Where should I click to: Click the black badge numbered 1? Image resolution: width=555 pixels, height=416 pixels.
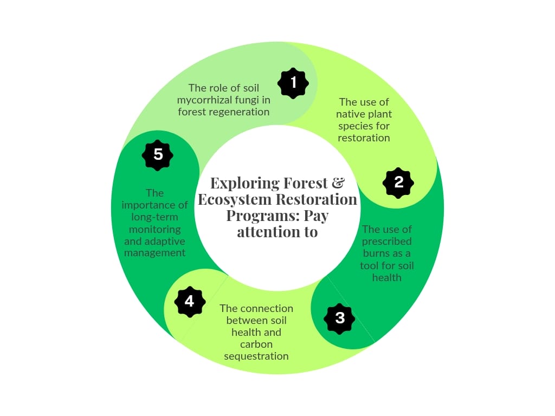coord(293,83)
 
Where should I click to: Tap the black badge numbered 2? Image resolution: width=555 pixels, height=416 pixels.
coord(398,183)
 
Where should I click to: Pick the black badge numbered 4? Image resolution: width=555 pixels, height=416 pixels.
coord(190,302)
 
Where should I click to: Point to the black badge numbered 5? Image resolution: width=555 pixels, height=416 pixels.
coord(158,155)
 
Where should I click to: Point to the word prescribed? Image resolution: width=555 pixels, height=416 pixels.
coord(386,242)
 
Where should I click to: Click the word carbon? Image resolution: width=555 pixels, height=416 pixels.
coord(256,344)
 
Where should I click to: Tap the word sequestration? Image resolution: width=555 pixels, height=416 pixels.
coord(256,356)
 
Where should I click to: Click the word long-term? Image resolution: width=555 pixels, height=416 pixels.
coord(154,217)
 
